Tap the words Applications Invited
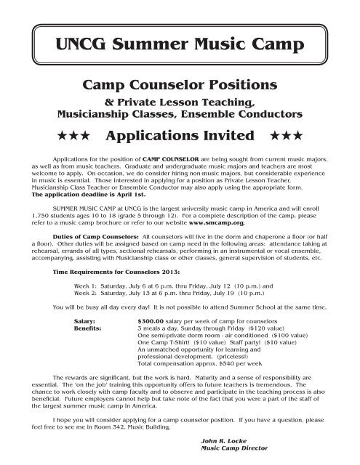(180, 136)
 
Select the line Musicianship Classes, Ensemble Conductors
(180, 114)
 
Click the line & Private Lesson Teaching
(180, 103)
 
